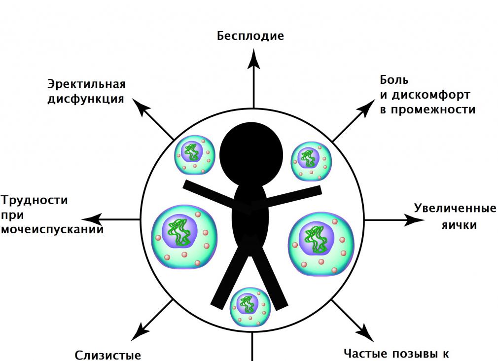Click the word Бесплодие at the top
point(250,36)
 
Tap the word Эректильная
point(86,84)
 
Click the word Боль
point(394,80)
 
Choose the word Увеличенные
point(455,208)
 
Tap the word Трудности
point(35,201)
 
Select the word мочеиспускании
point(52,229)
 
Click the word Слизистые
point(108,355)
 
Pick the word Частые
point(364,354)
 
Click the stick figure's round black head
point(252,147)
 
